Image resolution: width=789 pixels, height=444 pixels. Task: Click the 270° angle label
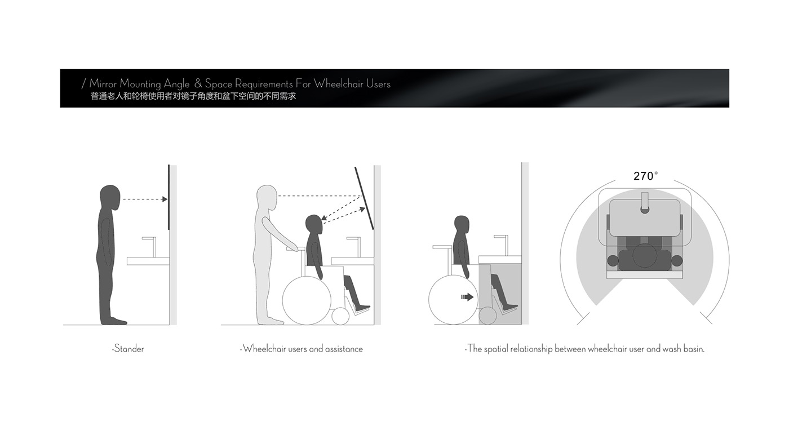(x=645, y=176)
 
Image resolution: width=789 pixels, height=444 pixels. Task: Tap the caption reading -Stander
(x=128, y=349)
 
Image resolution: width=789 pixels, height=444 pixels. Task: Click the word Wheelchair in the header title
(x=339, y=84)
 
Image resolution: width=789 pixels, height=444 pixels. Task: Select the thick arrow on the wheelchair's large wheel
(x=467, y=297)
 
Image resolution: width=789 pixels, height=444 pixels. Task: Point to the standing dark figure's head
(x=110, y=197)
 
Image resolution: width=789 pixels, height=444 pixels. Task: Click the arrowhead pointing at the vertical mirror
(x=165, y=199)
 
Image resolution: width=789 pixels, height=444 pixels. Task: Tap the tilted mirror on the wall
(x=364, y=198)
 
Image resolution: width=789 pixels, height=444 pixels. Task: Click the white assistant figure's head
(x=267, y=197)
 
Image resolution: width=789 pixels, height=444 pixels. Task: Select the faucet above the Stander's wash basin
(x=149, y=247)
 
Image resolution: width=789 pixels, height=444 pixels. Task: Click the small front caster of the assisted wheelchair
(x=340, y=316)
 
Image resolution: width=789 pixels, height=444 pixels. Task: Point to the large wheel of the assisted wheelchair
(x=307, y=300)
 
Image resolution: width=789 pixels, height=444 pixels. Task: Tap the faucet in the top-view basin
(x=645, y=203)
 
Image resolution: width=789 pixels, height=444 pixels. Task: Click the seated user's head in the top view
(x=645, y=255)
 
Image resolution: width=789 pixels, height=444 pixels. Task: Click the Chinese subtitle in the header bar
(x=193, y=96)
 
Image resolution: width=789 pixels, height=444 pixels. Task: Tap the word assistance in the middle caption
(x=344, y=349)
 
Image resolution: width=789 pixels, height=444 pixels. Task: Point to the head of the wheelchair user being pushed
(x=314, y=225)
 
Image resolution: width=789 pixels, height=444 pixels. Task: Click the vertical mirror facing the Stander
(x=169, y=197)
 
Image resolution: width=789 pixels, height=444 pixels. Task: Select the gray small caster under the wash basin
(x=488, y=316)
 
